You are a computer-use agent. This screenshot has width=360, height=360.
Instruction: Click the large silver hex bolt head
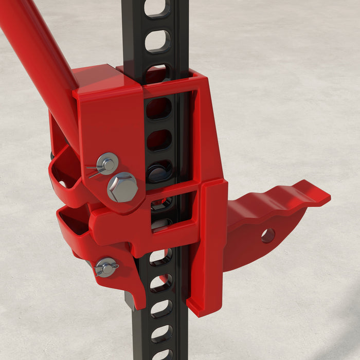(x=122, y=187)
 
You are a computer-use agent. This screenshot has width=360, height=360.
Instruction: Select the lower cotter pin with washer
(x=106, y=267)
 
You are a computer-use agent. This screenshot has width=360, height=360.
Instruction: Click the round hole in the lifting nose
(x=267, y=236)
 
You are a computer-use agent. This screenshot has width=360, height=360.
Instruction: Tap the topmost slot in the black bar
(x=157, y=7)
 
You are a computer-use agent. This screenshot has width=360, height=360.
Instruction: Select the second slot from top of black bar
(x=157, y=41)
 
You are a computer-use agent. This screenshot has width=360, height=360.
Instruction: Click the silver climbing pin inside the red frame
(x=160, y=173)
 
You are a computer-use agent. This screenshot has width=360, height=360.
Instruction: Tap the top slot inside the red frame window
(x=159, y=109)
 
